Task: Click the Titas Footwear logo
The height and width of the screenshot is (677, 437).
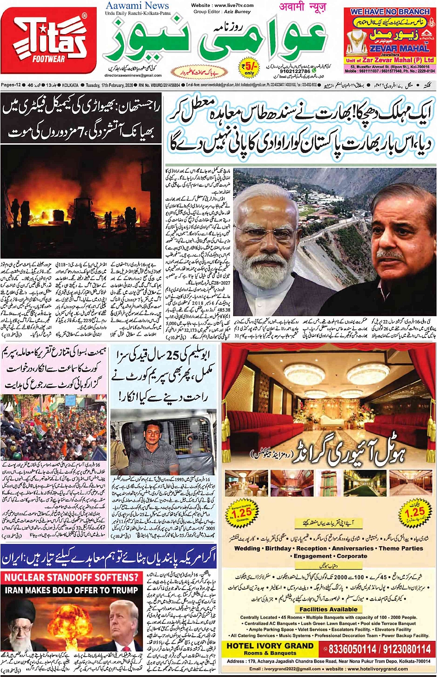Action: click(49, 40)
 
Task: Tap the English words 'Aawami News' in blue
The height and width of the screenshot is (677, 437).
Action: click(137, 6)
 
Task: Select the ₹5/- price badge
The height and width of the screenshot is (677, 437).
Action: click(250, 68)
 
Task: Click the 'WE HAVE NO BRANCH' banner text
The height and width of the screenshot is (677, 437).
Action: click(390, 12)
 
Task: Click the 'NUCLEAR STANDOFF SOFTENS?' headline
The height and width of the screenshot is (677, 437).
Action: click(72, 577)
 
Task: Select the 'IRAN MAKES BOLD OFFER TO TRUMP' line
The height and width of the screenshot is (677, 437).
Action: click(72, 590)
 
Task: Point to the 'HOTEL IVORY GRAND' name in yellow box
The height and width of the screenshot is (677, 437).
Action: click(270, 646)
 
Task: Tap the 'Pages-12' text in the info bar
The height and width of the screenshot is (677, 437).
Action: click(11, 85)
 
